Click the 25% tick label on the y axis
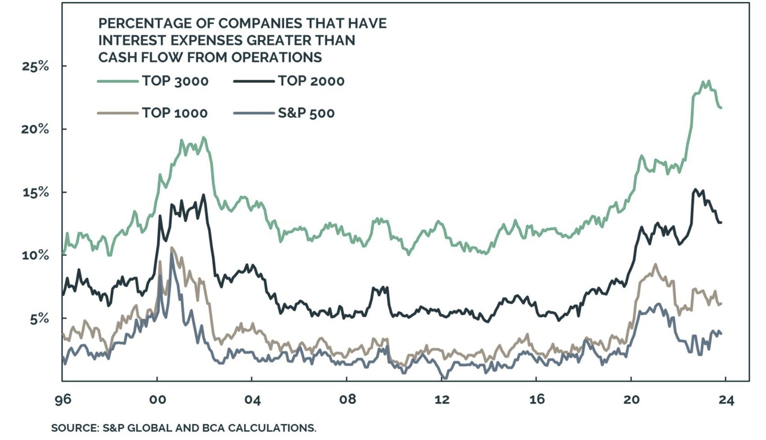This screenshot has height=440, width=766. click(36, 66)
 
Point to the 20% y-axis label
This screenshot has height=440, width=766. click(36, 129)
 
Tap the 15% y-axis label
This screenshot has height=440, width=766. click(36, 192)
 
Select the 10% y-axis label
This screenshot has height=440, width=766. click(36, 256)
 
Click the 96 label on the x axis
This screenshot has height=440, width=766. click(63, 400)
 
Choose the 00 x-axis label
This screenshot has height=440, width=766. click(157, 400)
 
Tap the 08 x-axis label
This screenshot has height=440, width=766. click(347, 400)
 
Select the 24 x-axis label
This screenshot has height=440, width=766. click(726, 400)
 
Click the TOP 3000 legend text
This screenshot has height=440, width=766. click(175, 81)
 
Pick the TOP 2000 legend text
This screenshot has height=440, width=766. click(311, 81)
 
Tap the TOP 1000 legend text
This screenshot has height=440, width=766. click(175, 113)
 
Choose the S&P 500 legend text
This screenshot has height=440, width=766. click(306, 113)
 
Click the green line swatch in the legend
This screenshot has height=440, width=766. click(118, 81)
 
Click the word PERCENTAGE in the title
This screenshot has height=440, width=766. click(145, 23)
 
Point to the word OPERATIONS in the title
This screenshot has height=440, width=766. click(276, 57)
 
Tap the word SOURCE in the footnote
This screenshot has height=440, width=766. click(74, 428)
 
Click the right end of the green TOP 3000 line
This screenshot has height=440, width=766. click(721, 108)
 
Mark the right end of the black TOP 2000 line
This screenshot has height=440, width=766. click(721, 223)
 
